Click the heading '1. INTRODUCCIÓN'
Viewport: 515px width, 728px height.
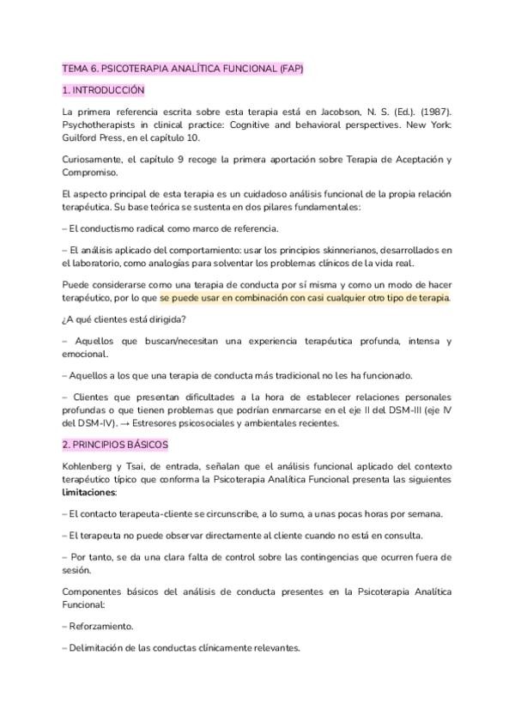(103, 90)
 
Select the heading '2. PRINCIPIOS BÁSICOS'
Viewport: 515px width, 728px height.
(116, 445)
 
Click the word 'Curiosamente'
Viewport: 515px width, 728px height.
(94, 159)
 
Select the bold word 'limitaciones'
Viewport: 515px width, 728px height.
(88, 493)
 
